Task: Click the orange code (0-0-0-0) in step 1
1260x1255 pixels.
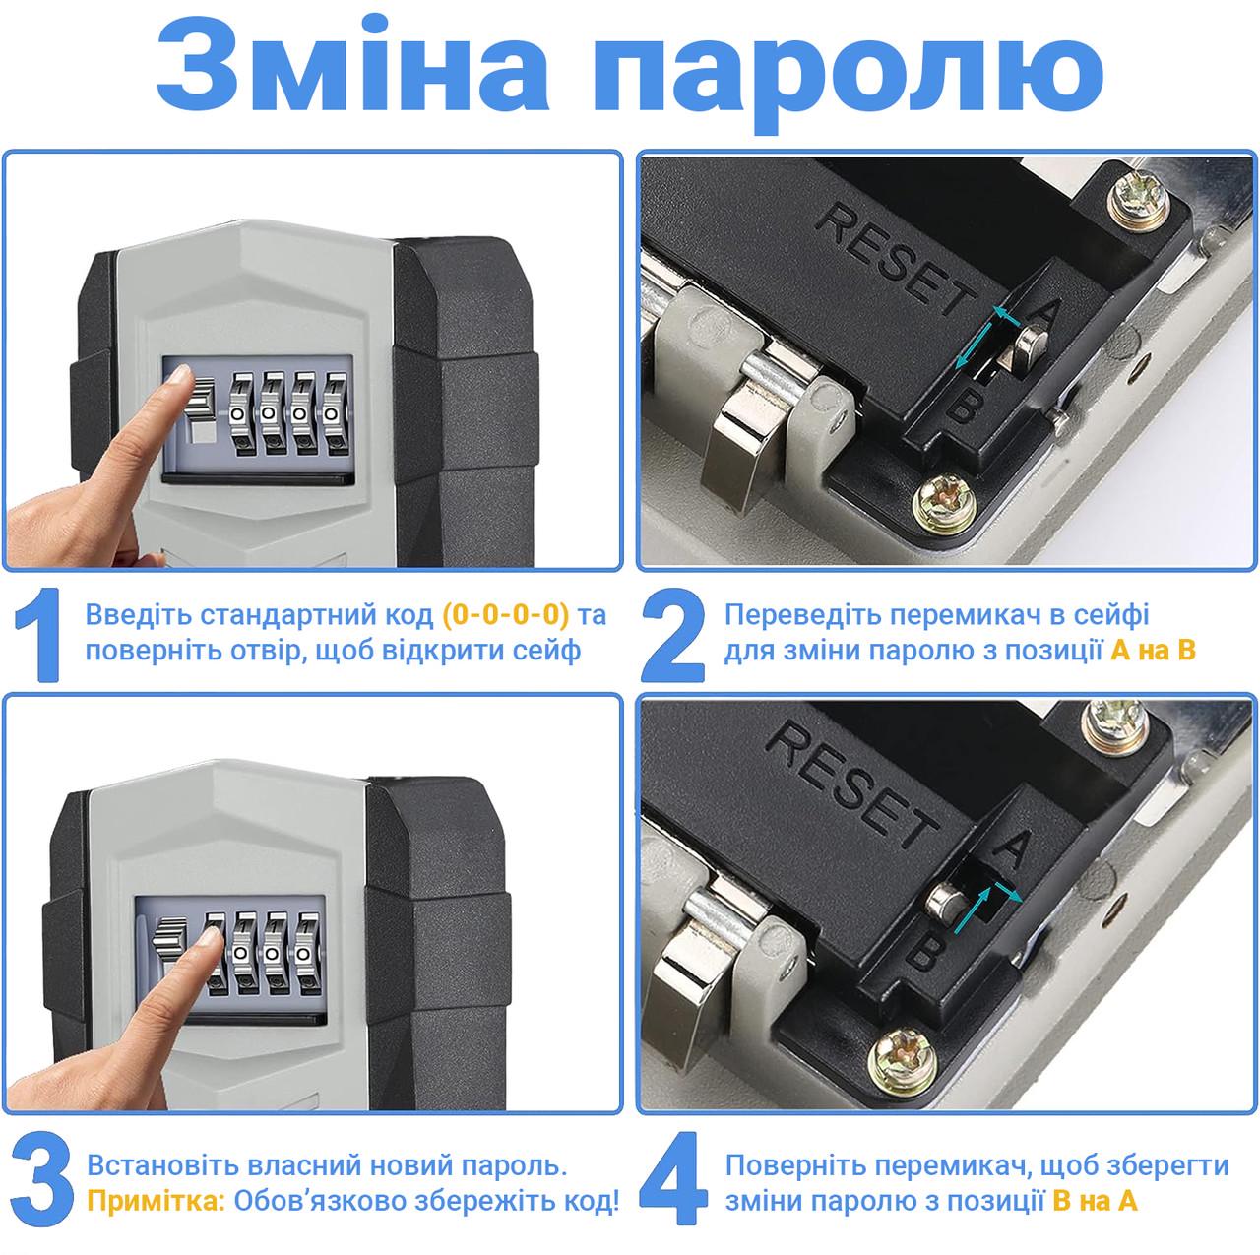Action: click(506, 615)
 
